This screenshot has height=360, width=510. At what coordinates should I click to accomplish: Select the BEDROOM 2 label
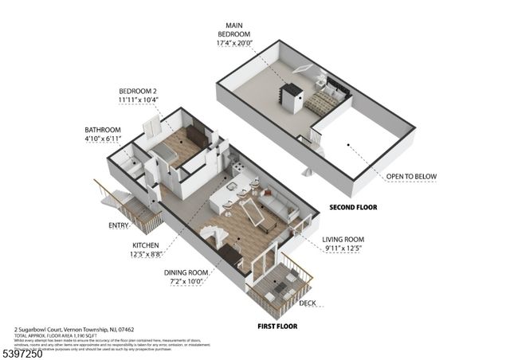(139, 91)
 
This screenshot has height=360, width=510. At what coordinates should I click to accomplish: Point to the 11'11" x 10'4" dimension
(139, 100)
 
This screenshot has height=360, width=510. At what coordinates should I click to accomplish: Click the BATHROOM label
(103, 130)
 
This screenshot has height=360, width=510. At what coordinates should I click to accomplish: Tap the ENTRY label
(120, 225)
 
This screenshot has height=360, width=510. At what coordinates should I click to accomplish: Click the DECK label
(307, 303)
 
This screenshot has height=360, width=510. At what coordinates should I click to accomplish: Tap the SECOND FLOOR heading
(353, 207)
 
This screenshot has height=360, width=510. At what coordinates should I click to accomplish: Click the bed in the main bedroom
(325, 101)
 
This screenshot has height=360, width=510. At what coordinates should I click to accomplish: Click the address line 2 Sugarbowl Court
(72, 328)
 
